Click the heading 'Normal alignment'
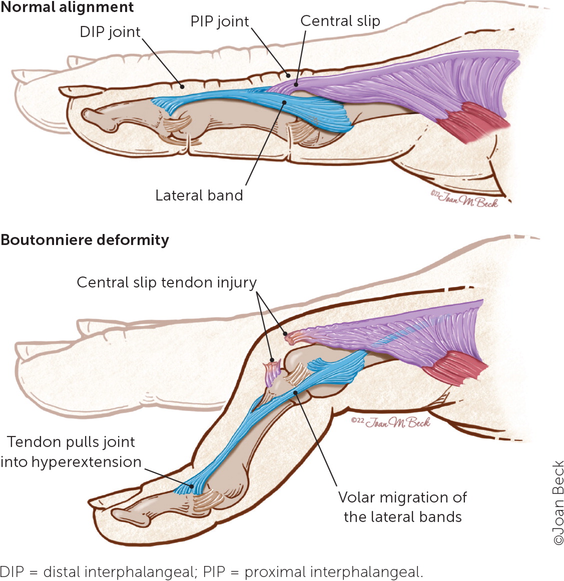[x=67, y=7]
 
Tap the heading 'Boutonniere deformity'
[x=85, y=240]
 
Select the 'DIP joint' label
[x=110, y=32]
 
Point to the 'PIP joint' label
[x=220, y=21]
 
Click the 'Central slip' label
[x=340, y=21]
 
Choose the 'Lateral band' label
[x=199, y=195]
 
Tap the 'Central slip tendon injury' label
[x=166, y=282]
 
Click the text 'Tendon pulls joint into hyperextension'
[x=71, y=452]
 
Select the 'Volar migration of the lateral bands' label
[x=402, y=507]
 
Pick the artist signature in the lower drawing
[x=390, y=422]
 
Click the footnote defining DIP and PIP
[x=211, y=571]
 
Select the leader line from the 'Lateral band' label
[x=264, y=145]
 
